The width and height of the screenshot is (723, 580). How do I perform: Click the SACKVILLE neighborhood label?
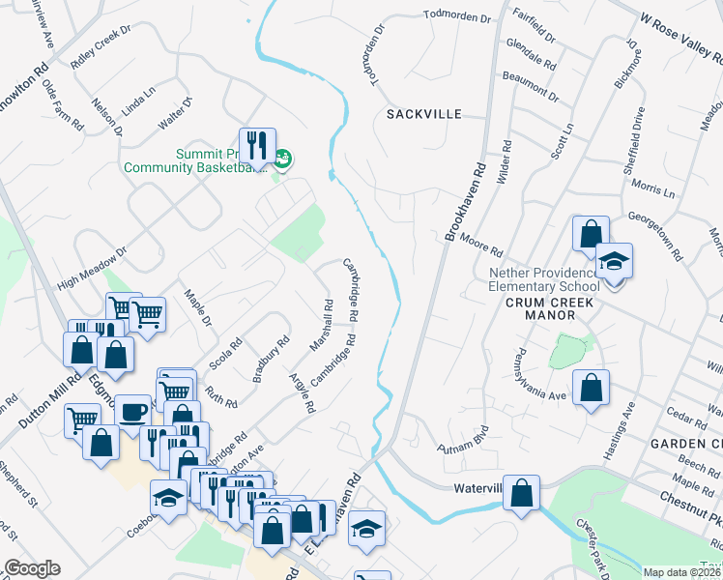[424, 113]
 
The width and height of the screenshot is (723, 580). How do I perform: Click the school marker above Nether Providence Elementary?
[613, 261]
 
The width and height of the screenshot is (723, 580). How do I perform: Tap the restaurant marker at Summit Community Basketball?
[256, 146]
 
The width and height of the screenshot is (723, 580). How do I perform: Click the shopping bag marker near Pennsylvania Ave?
[591, 389]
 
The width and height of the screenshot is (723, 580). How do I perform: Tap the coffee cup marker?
[132, 412]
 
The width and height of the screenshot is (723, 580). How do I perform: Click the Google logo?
[32, 568]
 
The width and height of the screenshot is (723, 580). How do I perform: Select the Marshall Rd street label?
[321, 325]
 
